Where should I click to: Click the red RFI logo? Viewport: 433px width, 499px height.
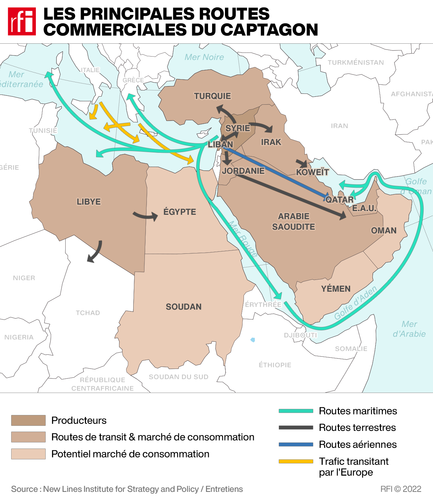[x=22, y=21]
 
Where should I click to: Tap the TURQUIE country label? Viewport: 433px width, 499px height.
[x=212, y=96]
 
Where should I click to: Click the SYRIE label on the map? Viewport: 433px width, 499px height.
[x=238, y=128]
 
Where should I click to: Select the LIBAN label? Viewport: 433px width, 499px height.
[x=220, y=145]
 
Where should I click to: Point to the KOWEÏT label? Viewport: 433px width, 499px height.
[x=312, y=172]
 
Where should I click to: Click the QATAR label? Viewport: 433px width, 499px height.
[x=339, y=200]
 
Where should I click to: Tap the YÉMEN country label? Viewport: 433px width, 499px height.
[x=336, y=289]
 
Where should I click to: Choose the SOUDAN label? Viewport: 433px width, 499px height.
[x=183, y=307]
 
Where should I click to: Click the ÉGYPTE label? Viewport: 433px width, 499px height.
[x=180, y=212]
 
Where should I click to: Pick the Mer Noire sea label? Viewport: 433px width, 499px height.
[x=204, y=57]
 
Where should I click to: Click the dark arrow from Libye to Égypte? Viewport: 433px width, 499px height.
[x=145, y=216]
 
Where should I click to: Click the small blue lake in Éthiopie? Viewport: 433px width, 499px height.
[x=253, y=340]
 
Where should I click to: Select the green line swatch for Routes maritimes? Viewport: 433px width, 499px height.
[x=296, y=411]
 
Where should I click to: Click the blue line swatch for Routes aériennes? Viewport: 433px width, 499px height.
[x=296, y=444]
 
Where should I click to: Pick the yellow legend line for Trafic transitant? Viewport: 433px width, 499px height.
[x=296, y=461]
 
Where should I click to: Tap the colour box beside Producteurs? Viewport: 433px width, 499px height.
[x=28, y=420]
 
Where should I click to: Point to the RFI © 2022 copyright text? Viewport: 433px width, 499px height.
[x=401, y=489]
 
